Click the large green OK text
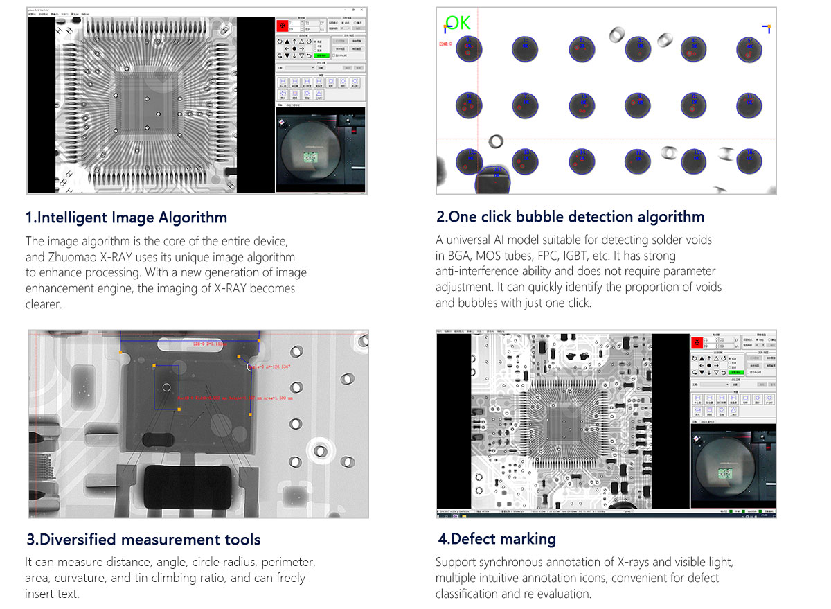(458, 22)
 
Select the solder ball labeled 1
(469, 48)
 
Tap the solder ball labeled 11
(748, 105)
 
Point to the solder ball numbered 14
(582, 160)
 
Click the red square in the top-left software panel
(283, 26)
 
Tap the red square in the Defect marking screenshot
(697, 344)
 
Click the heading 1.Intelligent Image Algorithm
(126, 218)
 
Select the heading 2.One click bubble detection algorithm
(570, 217)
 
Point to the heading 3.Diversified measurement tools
(143, 539)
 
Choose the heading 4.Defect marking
(497, 539)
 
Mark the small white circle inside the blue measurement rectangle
(166, 387)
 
